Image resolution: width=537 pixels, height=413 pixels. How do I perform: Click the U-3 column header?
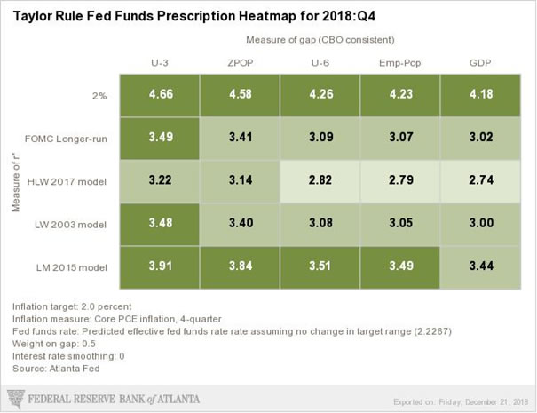tap(162, 62)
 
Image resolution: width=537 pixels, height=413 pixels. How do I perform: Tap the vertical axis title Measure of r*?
tap(15, 182)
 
